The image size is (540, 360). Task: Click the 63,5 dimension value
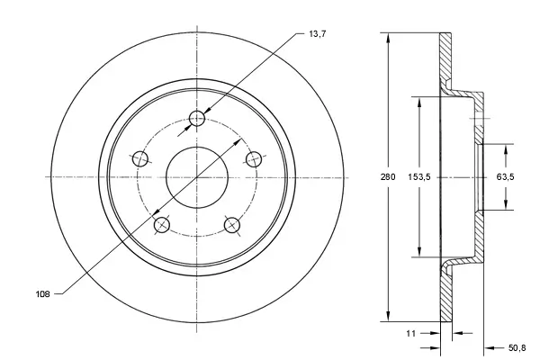pos(505,177)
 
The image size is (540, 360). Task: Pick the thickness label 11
pos(410,333)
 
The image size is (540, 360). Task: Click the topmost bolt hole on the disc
pos(199,118)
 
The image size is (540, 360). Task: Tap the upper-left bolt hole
pos(140,159)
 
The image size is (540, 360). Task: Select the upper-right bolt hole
pos(255,158)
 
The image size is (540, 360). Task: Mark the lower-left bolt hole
pos(162,225)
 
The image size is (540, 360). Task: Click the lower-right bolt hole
pos(232,225)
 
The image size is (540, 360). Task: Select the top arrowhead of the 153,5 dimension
pos(418,102)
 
